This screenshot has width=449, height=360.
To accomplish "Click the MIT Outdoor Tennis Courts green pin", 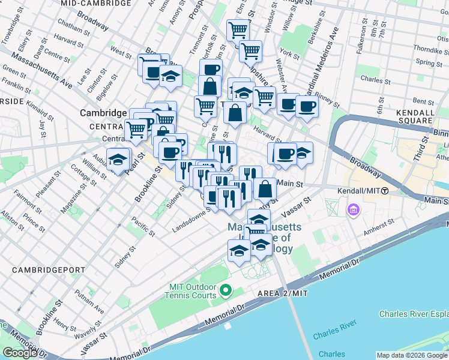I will pos(226,292).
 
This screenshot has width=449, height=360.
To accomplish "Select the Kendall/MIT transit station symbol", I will pos(385,191).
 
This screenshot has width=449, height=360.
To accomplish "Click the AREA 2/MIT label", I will pos(283,293).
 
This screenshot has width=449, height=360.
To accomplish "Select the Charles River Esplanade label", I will pos(414,314).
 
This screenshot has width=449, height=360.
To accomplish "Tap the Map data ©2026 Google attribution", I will pos(412,355).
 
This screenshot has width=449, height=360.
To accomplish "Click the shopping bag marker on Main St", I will pos(265,189).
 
